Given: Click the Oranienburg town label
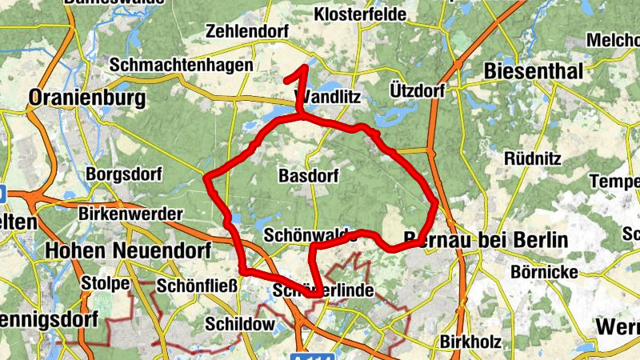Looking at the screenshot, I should (87, 98).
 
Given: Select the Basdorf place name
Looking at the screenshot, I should (307, 175).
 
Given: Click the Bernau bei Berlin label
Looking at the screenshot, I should (486, 240).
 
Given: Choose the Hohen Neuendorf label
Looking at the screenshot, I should (128, 250).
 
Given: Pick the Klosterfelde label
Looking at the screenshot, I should (361, 14).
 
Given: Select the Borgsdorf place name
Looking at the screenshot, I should (124, 174).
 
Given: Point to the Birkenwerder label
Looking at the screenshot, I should (131, 214).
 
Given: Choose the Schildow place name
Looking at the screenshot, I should (240, 324).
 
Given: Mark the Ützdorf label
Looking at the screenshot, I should (418, 90).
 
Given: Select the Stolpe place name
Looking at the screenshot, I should (106, 283).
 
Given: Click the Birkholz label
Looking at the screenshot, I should (470, 342).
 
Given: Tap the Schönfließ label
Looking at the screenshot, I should (197, 286).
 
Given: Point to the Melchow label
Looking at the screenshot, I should (614, 40).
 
